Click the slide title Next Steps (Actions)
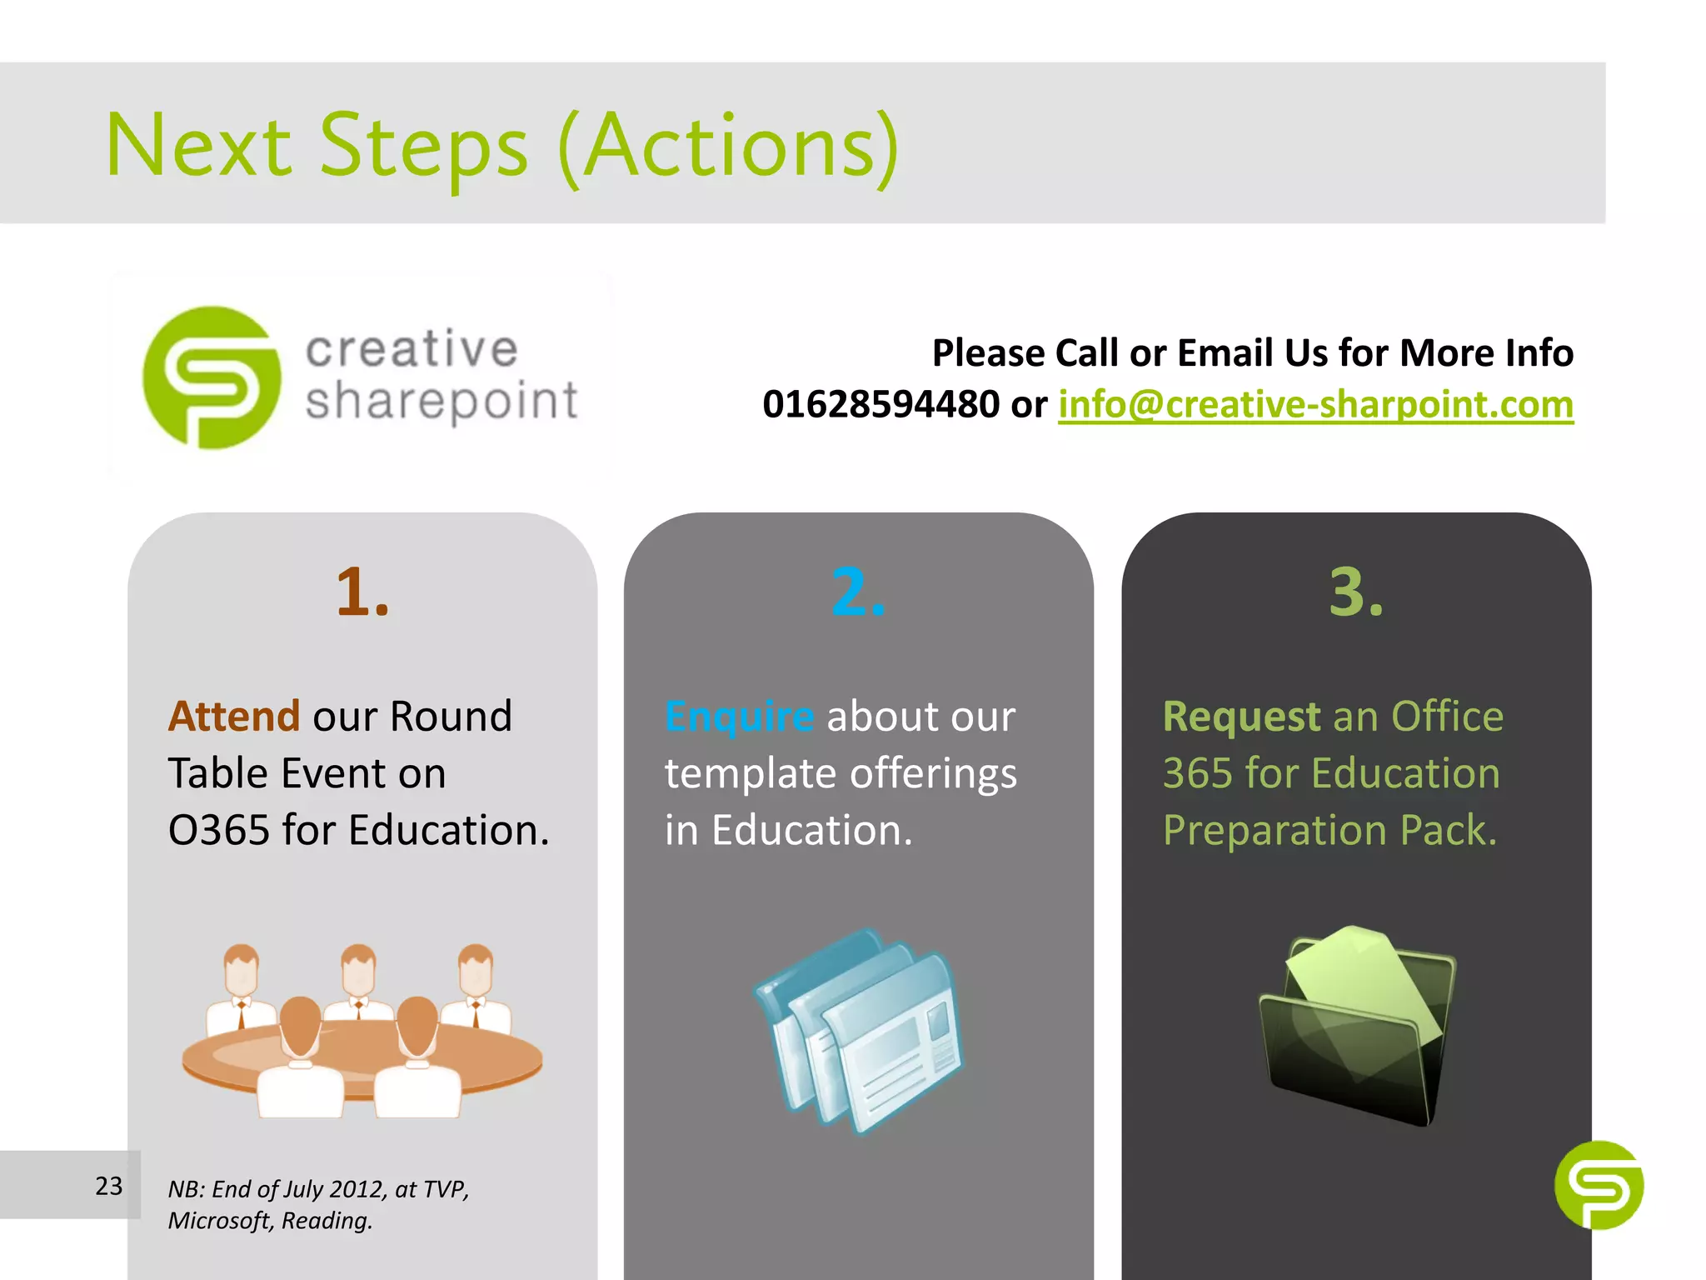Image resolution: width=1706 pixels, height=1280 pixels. pyautogui.click(x=502, y=146)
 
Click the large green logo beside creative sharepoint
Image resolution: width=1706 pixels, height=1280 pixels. pyautogui.click(x=212, y=377)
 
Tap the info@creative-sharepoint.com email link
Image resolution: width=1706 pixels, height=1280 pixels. pyautogui.click(x=1315, y=405)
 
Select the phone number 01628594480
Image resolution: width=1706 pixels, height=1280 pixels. pyautogui.click(x=880, y=405)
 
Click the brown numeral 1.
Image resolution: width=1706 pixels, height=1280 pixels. pyautogui.click(x=362, y=592)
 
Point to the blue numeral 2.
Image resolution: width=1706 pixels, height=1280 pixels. pyautogui.click(x=858, y=592)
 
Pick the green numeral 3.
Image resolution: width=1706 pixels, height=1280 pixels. pyautogui.click(x=1355, y=592)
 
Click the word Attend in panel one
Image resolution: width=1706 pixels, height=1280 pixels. pyautogui.click(x=234, y=717)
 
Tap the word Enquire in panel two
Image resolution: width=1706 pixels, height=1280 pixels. pyautogui.click(x=739, y=717)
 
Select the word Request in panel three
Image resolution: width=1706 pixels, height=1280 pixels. pyautogui.click(x=1241, y=717)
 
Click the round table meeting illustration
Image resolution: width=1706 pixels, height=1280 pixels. pyautogui.click(x=362, y=1033)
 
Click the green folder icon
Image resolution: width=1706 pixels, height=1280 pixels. pyautogui.click(x=1357, y=1025)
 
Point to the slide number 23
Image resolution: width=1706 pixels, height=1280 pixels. pyautogui.click(x=108, y=1186)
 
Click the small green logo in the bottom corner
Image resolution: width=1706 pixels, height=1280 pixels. pyautogui.click(x=1599, y=1185)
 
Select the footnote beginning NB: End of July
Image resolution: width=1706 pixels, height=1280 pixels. pyautogui.click(x=318, y=1204)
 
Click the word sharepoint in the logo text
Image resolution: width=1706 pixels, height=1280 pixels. pyautogui.click(x=441, y=402)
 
